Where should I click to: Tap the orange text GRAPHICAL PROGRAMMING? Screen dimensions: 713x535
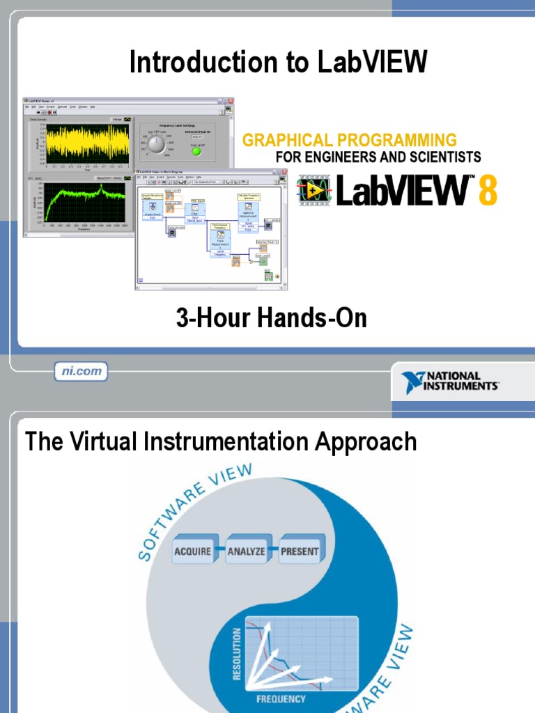pyautogui.click(x=349, y=141)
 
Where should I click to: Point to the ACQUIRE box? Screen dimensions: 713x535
pyautogui.click(x=192, y=551)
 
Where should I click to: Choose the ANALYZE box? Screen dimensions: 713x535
pyautogui.click(x=246, y=551)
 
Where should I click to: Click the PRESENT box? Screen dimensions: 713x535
pyautogui.click(x=300, y=551)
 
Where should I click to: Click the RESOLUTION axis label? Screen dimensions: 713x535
pyautogui.click(x=237, y=653)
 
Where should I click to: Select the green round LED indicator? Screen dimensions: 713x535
pyautogui.click(x=196, y=151)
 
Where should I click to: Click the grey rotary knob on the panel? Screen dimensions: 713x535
pyautogui.click(x=157, y=144)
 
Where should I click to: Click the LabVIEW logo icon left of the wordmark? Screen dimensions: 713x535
pyautogui.click(x=315, y=190)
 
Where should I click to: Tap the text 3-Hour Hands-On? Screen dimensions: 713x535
pyautogui.click(x=271, y=319)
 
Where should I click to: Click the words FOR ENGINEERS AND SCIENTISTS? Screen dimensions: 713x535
pyautogui.click(x=378, y=157)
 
